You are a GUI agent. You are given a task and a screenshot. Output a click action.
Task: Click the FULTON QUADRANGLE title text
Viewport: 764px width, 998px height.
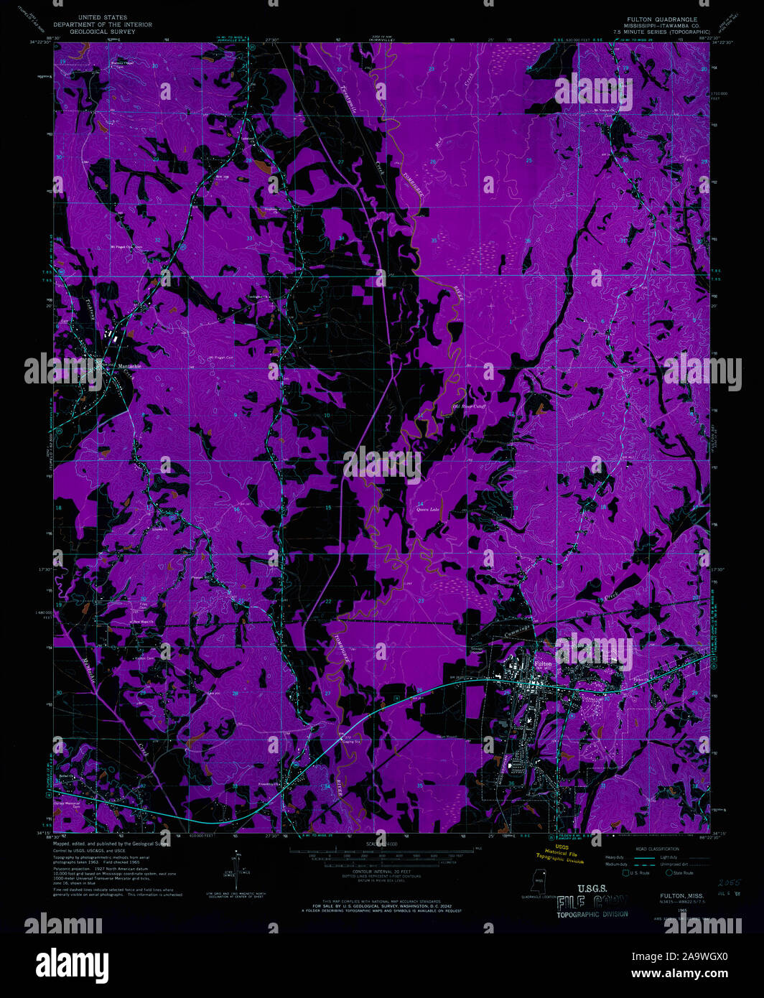(x=661, y=19)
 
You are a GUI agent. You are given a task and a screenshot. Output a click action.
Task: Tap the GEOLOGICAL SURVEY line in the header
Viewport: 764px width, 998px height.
(x=103, y=32)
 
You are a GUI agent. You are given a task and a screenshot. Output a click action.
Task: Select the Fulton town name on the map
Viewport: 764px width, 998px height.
(x=544, y=664)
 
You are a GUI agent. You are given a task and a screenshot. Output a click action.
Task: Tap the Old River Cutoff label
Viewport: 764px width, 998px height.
(x=469, y=407)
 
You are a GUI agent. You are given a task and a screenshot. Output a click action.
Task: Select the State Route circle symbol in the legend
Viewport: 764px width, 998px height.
(x=668, y=873)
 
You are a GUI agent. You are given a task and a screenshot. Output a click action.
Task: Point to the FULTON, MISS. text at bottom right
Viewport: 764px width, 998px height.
(x=681, y=896)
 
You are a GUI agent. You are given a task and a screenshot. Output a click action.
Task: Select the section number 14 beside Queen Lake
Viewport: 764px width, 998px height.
(x=421, y=503)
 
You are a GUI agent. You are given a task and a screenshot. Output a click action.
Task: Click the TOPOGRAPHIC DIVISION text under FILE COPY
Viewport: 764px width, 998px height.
(x=592, y=914)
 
